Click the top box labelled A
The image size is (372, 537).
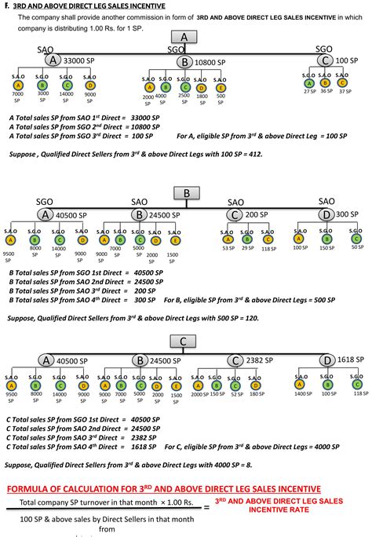coord(184,38)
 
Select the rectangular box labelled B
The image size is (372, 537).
coord(186,192)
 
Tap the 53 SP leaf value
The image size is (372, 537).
coord(228,248)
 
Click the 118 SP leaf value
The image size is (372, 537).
coord(267,248)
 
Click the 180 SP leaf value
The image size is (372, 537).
coord(254,394)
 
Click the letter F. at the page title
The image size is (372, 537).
coord(6,5)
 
